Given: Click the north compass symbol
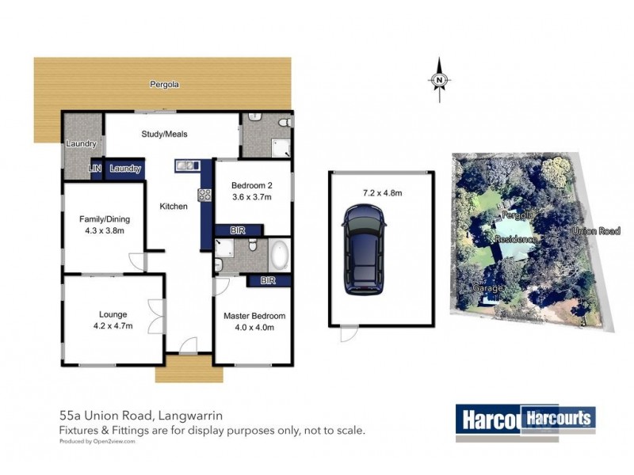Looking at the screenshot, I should (x=438, y=80).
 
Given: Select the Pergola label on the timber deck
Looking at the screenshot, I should (x=164, y=83).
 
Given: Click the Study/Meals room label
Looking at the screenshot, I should (x=164, y=134).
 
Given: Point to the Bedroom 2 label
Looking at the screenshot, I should (x=250, y=187).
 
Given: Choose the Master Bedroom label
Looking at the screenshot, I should (x=254, y=316).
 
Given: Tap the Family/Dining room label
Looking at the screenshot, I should (x=104, y=219).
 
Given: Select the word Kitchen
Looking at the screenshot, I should (x=174, y=207).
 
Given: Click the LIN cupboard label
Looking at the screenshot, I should (x=96, y=169).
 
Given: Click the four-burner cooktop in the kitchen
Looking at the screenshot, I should (x=203, y=195).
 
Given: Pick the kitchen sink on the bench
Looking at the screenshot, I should (x=187, y=165).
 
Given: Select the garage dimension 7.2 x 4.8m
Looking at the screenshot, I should (x=383, y=192).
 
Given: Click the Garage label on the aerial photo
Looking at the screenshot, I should (x=487, y=289).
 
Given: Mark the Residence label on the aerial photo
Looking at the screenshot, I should (x=516, y=239).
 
